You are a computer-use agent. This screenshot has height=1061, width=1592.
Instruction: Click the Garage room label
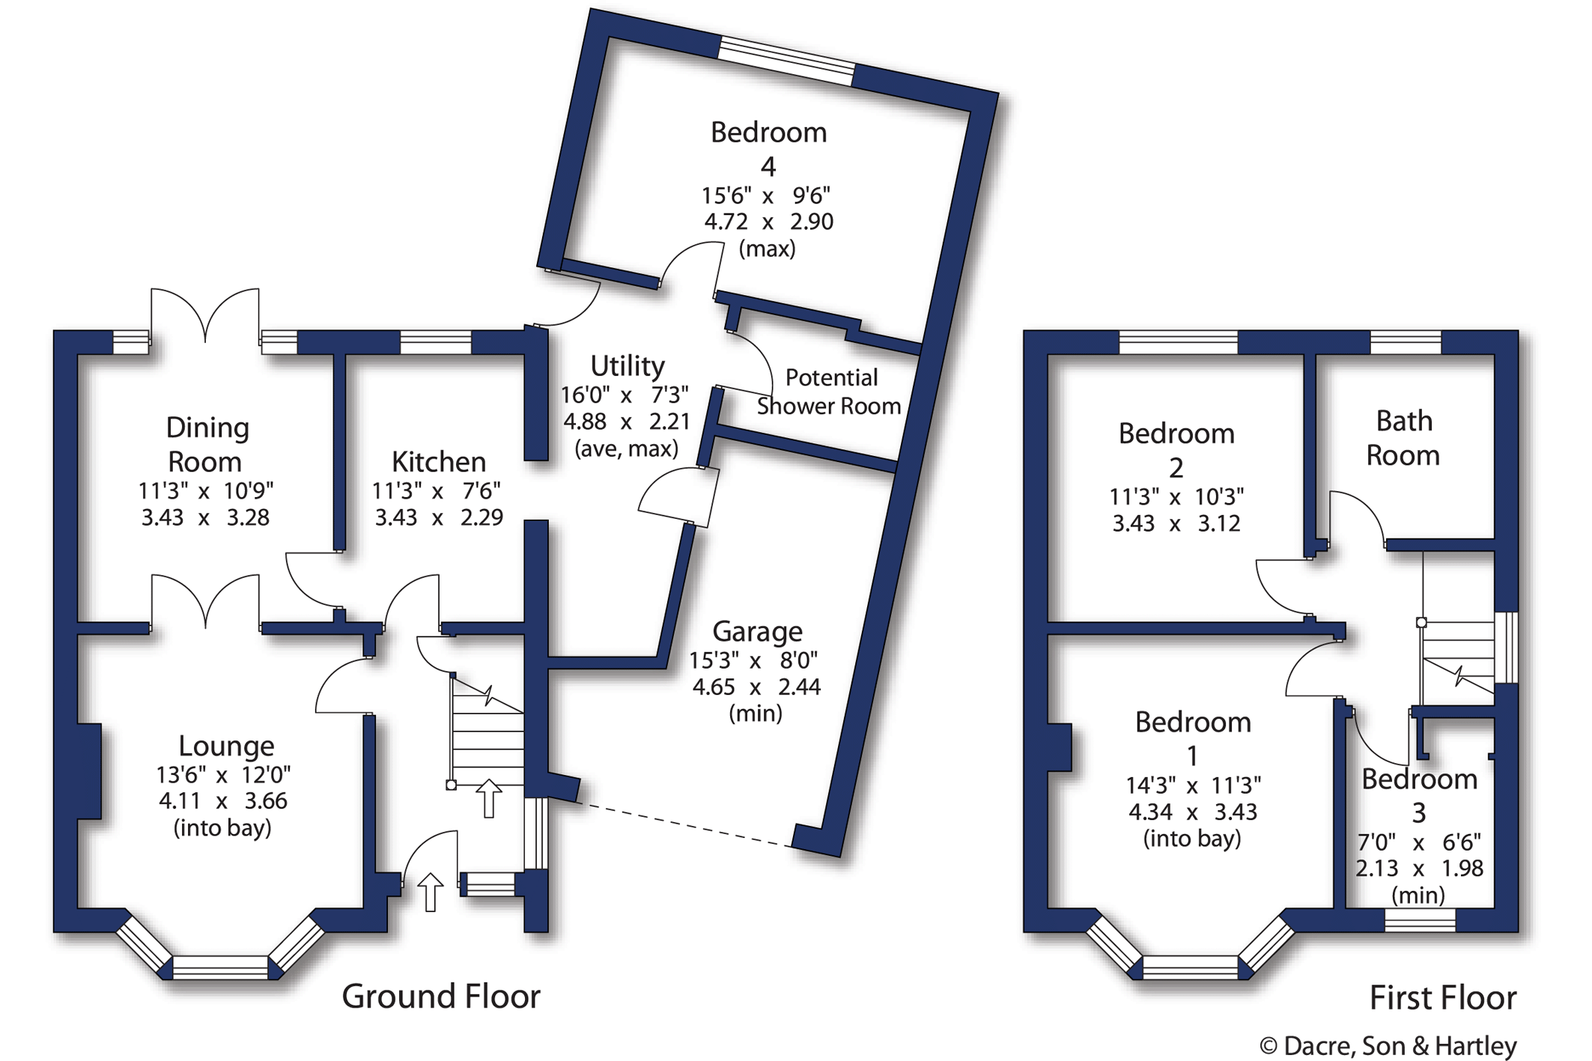coord(757,631)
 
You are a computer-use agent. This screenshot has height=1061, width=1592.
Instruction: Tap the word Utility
coord(628,366)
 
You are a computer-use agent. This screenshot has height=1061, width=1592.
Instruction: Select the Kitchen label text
coord(439,461)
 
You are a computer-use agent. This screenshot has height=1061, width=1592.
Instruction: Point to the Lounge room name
coord(226,746)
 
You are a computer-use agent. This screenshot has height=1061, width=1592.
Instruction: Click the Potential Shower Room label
coord(829,392)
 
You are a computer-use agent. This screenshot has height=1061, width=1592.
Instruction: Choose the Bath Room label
coord(1403,438)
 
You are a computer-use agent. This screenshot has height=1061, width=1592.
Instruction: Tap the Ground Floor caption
coord(441,997)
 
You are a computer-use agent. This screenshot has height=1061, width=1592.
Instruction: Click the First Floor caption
coord(1443,998)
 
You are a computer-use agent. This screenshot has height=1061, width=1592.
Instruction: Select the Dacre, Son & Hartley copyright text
coord(1388,1046)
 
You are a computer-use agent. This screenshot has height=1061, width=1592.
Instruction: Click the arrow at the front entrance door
coord(430,892)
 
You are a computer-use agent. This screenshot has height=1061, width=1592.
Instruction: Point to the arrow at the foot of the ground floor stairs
coord(489,798)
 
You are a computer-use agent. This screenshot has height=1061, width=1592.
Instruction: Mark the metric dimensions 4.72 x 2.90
coord(768,222)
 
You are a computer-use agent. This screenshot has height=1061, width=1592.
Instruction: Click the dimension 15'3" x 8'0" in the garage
coord(753,660)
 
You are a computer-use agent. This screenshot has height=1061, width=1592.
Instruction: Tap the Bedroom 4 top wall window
coord(786,61)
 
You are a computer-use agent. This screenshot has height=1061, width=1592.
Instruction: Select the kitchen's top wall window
coord(436,342)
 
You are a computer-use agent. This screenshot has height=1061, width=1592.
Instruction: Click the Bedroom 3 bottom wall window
coord(1420,920)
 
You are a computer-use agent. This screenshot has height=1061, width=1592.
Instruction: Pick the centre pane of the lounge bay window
coord(220,967)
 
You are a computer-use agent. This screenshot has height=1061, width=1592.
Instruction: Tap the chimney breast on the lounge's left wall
coord(89,771)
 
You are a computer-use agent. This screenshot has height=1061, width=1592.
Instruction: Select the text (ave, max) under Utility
coord(627,449)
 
